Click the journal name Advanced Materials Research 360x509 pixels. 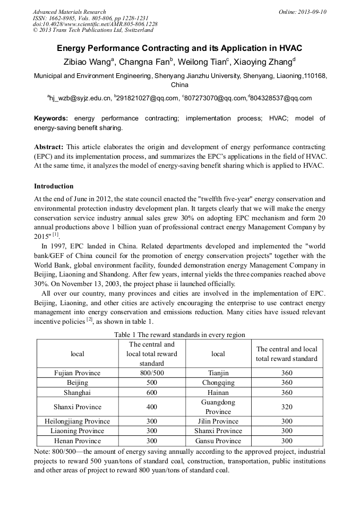point(69,12)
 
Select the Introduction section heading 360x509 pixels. point(54,186)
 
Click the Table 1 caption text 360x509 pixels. point(179,334)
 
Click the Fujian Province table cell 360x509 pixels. point(78,373)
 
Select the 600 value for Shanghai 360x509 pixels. point(152,392)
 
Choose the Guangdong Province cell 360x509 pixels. point(218,407)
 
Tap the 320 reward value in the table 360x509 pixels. point(287,407)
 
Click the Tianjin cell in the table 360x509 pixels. point(218,373)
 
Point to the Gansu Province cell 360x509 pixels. point(218,441)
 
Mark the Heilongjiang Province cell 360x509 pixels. point(78,421)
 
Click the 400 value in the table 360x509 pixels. point(152,407)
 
